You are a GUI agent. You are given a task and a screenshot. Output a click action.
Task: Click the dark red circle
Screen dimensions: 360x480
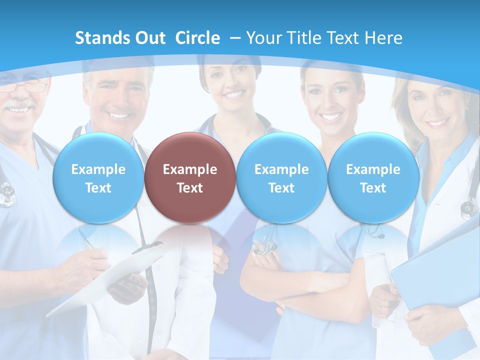point(189,177)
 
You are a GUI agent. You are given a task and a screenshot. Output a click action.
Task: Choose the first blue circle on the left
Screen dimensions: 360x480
point(98,177)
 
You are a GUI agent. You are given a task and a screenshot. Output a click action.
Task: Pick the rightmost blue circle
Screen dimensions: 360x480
point(373,177)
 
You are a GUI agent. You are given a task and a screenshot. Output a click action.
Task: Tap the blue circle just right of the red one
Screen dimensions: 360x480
point(281,177)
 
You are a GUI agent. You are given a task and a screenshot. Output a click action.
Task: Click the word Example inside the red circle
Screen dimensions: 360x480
point(189,169)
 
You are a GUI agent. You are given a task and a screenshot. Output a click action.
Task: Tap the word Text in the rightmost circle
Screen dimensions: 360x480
point(373,188)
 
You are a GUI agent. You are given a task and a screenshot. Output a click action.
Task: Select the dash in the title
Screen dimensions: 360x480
point(235,38)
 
